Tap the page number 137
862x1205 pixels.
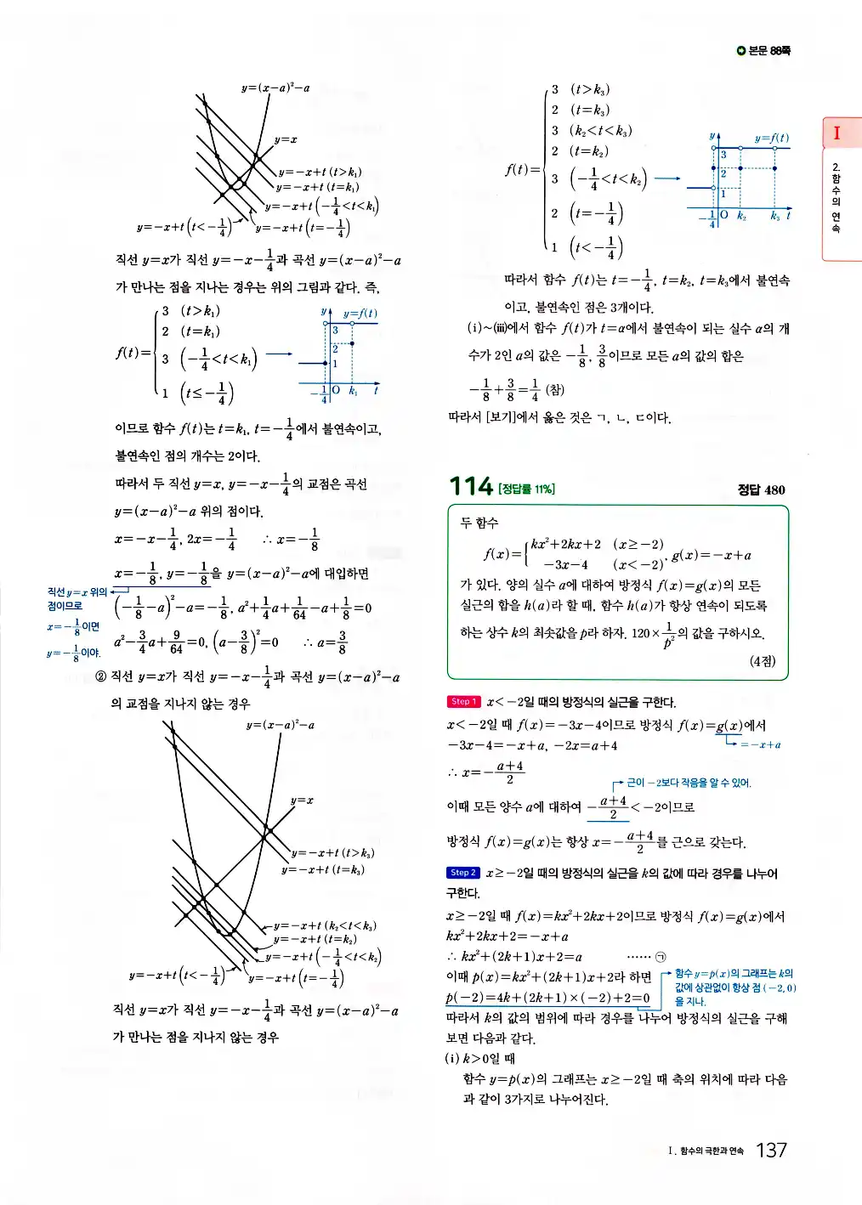point(771,1150)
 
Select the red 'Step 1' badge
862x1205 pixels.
point(463,702)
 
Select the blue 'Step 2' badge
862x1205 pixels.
point(463,873)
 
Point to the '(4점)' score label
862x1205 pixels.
point(763,661)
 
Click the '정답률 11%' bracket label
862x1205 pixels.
point(526,489)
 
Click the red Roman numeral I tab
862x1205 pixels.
point(836,133)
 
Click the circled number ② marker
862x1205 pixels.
point(101,676)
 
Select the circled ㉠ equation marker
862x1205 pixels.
point(661,957)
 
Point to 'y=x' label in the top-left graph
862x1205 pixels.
point(286,139)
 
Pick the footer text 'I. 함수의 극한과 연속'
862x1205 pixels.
point(706,1151)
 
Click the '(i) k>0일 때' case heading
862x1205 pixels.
point(479,1059)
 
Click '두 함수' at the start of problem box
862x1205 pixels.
point(479,523)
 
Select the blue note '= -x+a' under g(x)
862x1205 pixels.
point(760,744)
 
